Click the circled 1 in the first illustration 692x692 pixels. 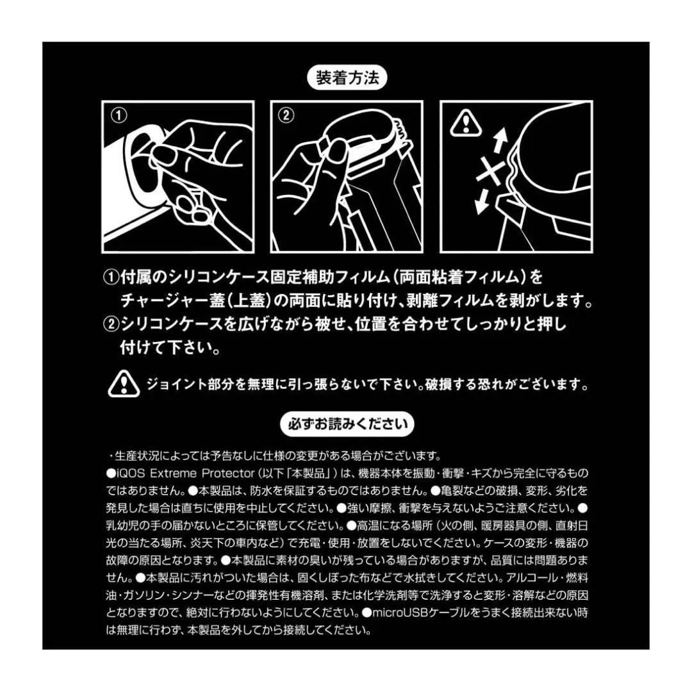click(x=119, y=116)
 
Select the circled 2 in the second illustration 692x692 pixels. click(x=286, y=116)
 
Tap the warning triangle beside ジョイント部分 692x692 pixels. click(x=123, y=384)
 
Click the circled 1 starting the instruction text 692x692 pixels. click(x=111, y=277)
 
